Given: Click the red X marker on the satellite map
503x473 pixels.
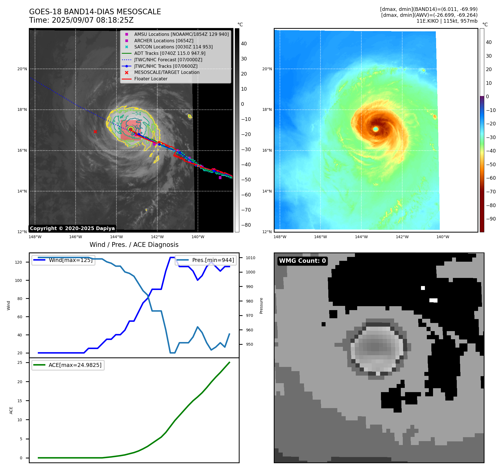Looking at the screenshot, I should [95, 132].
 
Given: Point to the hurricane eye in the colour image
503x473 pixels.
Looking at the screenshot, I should [376, 129].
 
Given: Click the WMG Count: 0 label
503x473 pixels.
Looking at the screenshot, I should [302, 261].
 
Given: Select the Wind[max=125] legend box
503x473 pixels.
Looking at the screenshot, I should [63, 260].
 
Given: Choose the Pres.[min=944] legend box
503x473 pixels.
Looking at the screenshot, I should [206, 260].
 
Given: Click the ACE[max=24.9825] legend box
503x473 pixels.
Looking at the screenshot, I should [68, 365].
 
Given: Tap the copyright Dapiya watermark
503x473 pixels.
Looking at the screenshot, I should [72, 228].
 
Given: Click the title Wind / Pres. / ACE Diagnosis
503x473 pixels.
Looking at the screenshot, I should [134, 245].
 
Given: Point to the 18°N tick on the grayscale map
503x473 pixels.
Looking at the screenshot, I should [22, 110].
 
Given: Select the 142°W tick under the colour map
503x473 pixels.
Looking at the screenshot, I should [402, 237].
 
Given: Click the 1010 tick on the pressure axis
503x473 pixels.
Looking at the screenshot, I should [251, 258].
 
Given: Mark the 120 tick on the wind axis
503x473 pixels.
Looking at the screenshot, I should [18, 262].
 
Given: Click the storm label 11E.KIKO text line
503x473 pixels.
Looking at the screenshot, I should [447, 21].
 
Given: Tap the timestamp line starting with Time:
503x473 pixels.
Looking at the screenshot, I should [81, 20].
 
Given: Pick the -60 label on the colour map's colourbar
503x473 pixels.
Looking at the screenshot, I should [491, 178].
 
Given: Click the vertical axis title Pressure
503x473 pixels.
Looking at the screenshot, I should [261, 306].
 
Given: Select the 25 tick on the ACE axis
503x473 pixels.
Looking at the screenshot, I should [20, 362].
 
